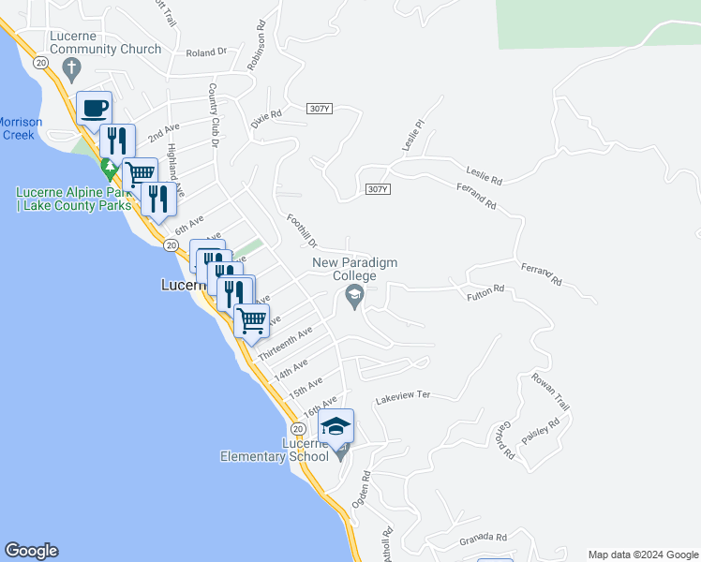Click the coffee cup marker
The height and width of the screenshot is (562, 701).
95,108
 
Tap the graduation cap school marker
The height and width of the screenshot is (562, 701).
336,427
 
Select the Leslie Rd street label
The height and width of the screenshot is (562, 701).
485,174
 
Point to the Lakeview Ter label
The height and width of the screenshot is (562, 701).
402,396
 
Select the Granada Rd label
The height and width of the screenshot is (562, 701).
483,538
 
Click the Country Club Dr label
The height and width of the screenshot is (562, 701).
214,115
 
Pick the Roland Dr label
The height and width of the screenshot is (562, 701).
207,53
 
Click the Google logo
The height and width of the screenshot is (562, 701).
31,551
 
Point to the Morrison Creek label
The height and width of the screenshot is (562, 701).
18,128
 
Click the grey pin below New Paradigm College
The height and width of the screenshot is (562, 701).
354,298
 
